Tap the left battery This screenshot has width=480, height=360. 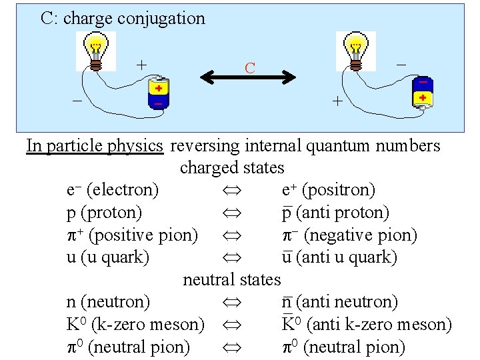click(158, 95)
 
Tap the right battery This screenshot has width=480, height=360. click(423, 92)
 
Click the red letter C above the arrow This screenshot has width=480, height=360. click(249, 68)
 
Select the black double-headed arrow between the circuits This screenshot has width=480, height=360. click(248, 78)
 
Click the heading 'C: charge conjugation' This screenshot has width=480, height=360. click(123, 18)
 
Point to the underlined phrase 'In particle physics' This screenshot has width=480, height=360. click(95, 145)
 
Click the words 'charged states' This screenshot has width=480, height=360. click(232, 167)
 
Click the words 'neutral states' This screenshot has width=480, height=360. click(232, 279)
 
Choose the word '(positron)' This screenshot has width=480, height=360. click(339, 190)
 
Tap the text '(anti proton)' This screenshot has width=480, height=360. click(343, 213)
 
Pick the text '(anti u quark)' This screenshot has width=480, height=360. click(347, 257)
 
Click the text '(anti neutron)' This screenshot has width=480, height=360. click(347, 302)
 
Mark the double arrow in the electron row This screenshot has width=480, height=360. click(227, 191)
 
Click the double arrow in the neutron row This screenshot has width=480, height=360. click(227, 303)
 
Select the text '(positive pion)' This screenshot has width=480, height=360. click(143, 235)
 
